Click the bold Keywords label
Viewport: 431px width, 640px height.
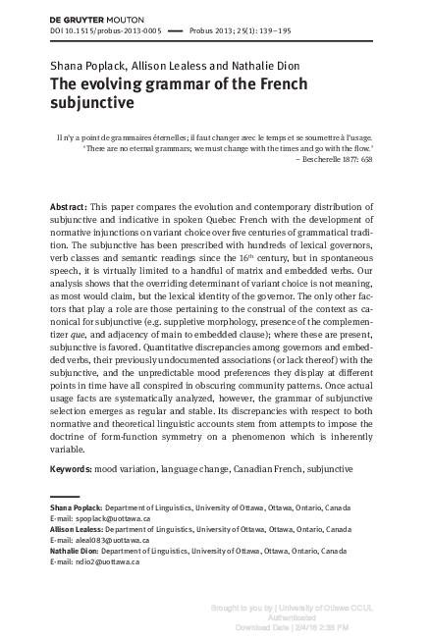(x=73, y=469)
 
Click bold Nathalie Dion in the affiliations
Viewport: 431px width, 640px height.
(x=74, y=551)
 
